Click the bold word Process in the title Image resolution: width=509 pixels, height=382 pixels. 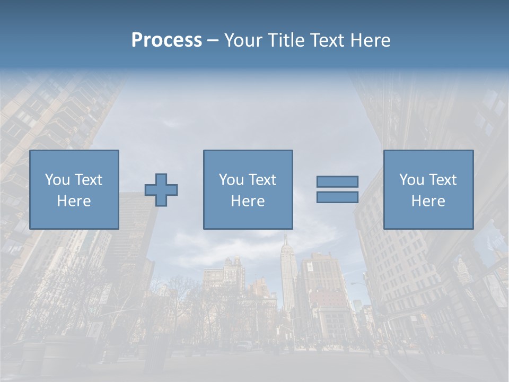click(166, 40)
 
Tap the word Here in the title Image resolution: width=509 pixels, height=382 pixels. click(370, 40)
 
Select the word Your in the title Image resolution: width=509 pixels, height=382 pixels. click(244, 40)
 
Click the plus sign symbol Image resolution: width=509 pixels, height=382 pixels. click(161, 189)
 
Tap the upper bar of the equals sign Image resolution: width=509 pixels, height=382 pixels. click(337, 181)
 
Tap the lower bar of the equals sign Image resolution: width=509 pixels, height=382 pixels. click(337, 197)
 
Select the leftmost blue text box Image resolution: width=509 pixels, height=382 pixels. click(74, 189)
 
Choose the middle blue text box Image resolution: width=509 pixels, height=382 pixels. click(248, 189)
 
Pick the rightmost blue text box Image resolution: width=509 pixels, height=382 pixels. click(428, 189)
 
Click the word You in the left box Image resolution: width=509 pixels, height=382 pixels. click(57, 180)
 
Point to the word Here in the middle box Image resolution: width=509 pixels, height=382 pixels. click(248, 201)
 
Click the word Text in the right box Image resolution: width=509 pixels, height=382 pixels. click(443, 180)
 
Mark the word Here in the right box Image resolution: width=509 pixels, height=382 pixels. click(428, 201)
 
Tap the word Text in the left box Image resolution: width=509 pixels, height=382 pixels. click(89, 180)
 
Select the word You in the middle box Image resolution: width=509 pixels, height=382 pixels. click(231, 180)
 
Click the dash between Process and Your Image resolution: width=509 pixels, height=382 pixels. click(213, 41)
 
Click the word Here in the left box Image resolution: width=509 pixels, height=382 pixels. click(74, 201)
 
